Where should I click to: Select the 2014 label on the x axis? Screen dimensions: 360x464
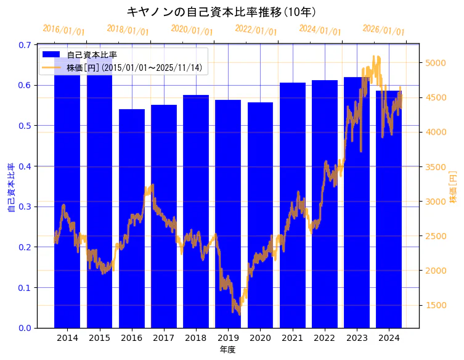(67, 338)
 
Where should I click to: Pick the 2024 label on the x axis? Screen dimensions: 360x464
(389, 338)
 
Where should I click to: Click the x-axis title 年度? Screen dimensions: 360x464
(227, 350)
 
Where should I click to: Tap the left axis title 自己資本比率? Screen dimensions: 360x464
(10, 187)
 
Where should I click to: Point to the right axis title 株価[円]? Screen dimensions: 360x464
(454, 187)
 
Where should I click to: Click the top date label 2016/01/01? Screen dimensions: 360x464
(63, 30)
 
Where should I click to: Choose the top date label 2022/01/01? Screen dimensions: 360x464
(256, 30)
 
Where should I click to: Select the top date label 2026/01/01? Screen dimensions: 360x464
(384, 30)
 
